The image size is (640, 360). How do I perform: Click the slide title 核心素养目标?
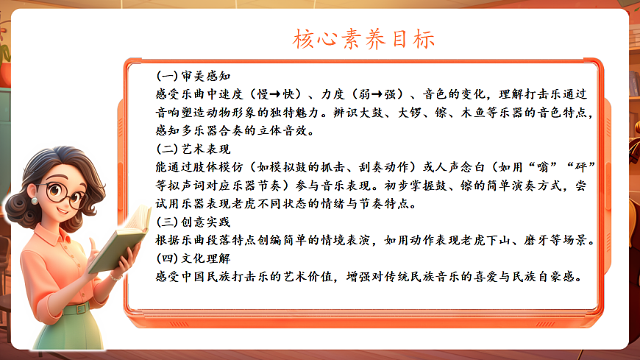click(x=364, y=38)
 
